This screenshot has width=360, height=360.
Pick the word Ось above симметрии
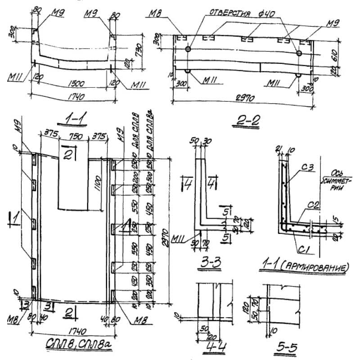pyautogui.click(x=337, y=171)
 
